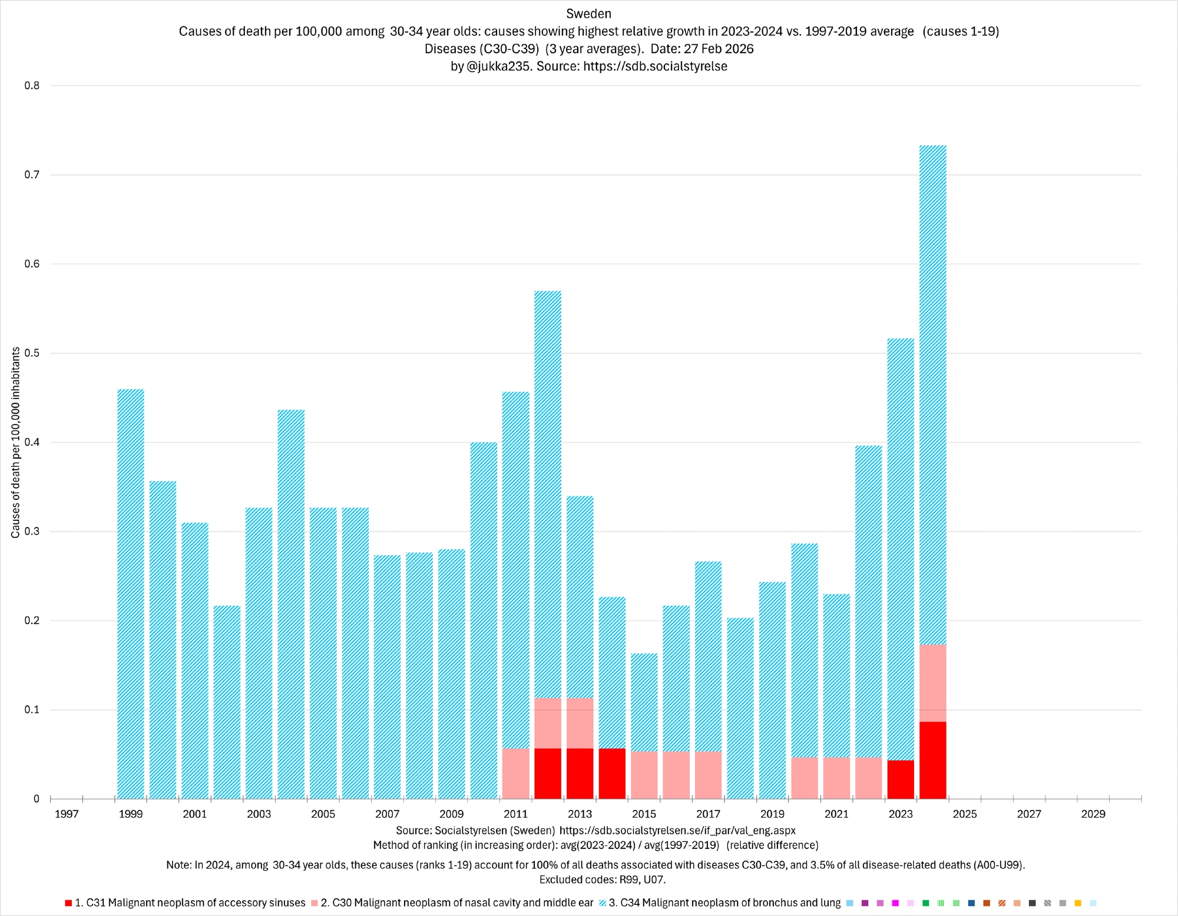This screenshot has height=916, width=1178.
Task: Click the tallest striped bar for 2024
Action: (x=932, y=394)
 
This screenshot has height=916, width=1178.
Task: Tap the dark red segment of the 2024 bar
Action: (x=932, y=760)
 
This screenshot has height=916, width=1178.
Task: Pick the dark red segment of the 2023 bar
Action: (x=901, y=779)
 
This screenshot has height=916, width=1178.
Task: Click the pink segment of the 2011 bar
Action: (x=516, y=774)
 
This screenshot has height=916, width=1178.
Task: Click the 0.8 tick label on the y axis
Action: (x=32, y=86)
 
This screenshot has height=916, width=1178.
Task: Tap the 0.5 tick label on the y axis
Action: (x=32, y=353)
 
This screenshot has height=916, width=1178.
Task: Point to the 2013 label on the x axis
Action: (x=580, y=814)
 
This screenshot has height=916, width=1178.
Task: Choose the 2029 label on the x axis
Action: (x=1093, y=814)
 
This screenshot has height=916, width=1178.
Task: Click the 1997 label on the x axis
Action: (x=67, y=814)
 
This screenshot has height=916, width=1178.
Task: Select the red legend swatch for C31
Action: (x=68, y=903)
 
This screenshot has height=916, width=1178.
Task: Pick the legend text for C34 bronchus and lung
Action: (x=724, y=903)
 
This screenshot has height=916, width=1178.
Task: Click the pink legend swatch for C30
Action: (x=315, y=903)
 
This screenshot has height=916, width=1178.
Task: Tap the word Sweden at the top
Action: (x=588, y=14)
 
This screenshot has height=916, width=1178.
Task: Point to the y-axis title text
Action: (x=16, y=442)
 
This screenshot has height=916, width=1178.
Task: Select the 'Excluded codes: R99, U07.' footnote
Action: (x=602, y=880)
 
